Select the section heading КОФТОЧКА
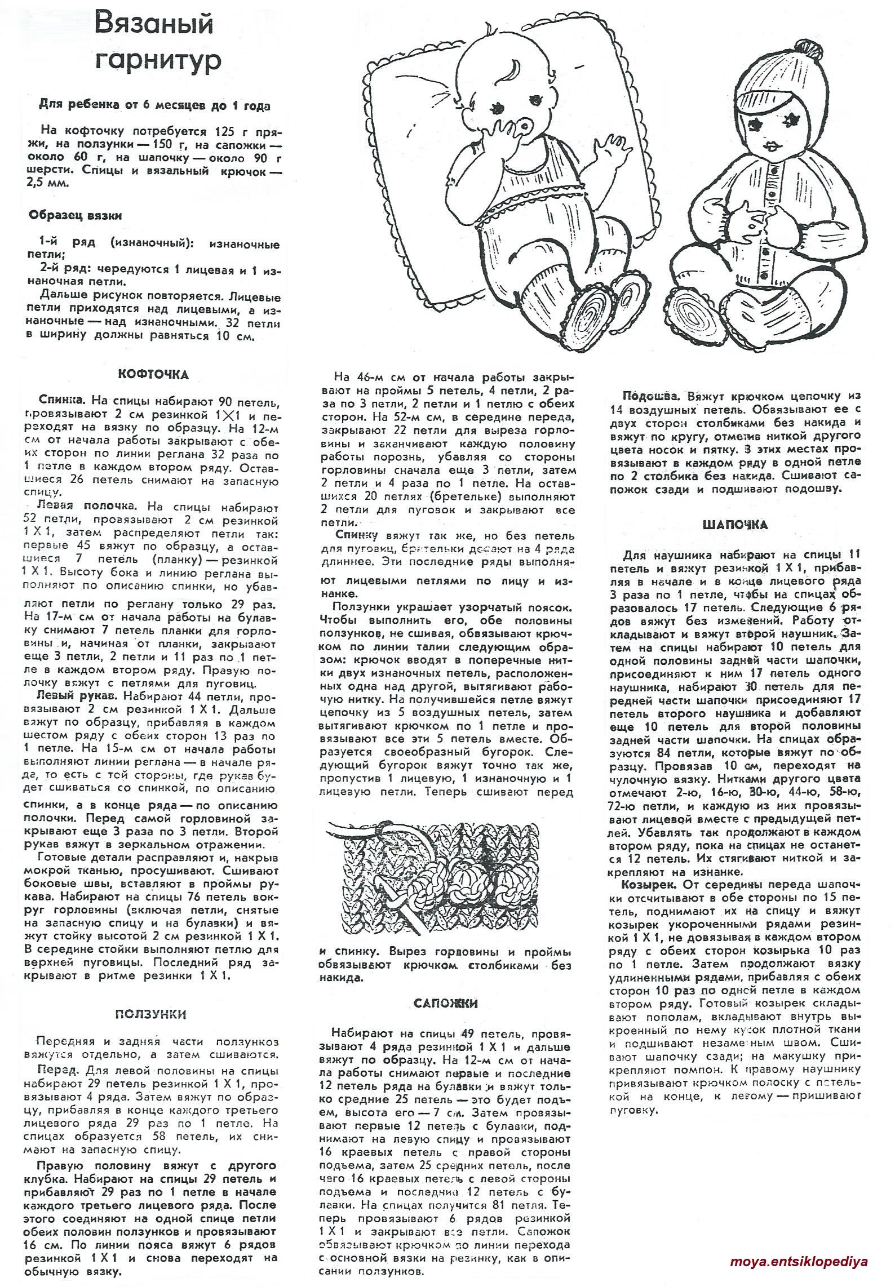(x=153, y=374)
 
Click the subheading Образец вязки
(x=75, y=215)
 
